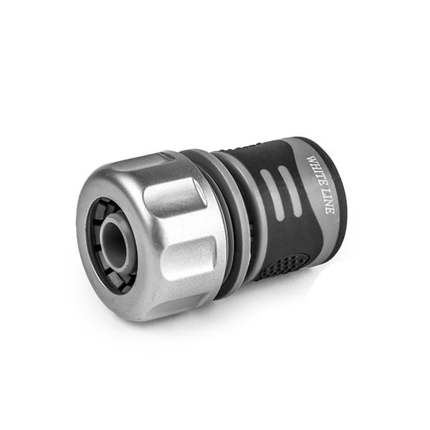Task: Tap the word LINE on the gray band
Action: [x=326, y=200]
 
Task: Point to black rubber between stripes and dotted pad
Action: [x=279, y=233]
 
